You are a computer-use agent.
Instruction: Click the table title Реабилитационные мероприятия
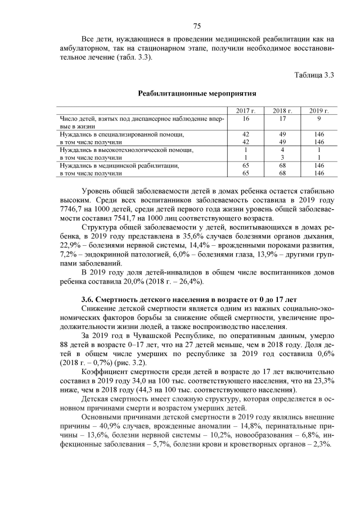(197, 93)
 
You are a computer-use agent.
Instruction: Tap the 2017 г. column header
(246, 111)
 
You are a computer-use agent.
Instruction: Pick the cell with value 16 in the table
(246, 119)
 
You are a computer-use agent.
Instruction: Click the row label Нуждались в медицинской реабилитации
(119, 166)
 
